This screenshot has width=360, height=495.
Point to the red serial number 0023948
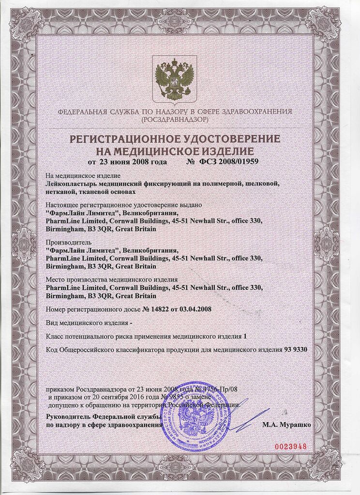click(x=291, y=446)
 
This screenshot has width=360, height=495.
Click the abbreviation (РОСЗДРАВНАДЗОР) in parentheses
click(x=175, y=119)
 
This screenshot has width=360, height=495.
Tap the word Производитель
click(x=67, y=242)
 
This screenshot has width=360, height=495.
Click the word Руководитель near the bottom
click(x=68, y=417)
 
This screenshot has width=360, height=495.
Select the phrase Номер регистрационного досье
click(x=92, y=308)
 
